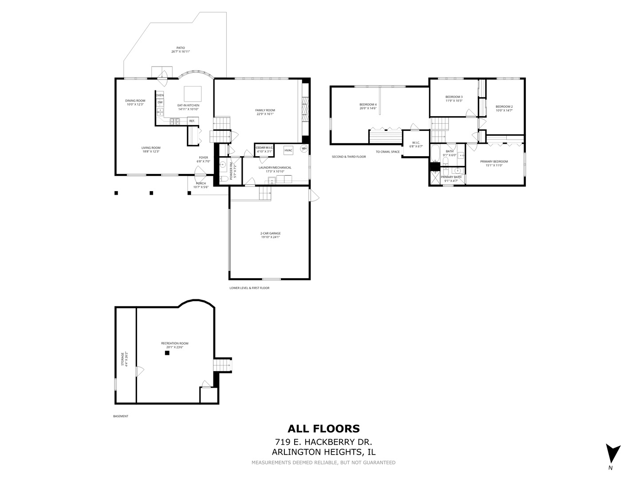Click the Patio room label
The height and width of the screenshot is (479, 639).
pos(180,48)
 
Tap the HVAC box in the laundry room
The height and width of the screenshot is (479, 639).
pos(288,150)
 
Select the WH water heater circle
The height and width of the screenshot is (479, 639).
pos(304,149)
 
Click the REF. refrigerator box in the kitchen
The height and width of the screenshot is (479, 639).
pos(192,121)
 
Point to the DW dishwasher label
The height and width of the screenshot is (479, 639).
pos(160,102)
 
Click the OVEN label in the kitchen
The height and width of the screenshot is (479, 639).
pos(160,95)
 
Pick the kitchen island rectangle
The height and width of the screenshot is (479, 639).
pos(192,94)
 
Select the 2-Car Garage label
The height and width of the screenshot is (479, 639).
pos(270,233)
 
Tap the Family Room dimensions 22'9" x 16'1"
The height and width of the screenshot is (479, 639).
pos(265,114)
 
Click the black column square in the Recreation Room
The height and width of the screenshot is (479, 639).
pos(167,353)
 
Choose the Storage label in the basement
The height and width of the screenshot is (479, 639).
pos(123,359)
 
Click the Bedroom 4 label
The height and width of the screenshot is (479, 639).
pos(368,104)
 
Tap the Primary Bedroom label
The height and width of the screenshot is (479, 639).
pos(494,161)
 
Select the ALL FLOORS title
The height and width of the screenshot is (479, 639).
pos(323,428)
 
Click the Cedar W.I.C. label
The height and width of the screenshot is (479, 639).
pos(264,147)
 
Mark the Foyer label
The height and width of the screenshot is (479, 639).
pos(203,157)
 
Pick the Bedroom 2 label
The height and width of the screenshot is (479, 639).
pos(504,106)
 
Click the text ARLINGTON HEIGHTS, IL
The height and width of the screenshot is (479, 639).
pos(323,452)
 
